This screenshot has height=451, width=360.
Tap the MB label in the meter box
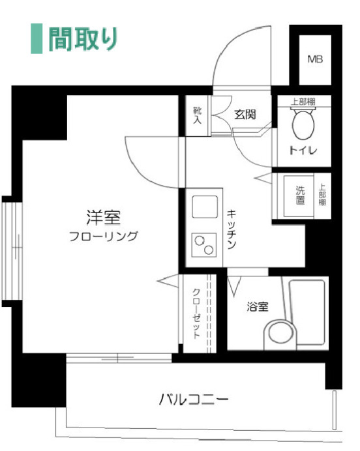pos(315,60)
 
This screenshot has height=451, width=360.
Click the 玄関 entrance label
pos(245,115)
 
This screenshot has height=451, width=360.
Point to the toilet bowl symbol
pos(303,124)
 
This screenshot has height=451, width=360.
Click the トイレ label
pos(303,151)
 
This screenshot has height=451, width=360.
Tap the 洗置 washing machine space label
pos(301,196)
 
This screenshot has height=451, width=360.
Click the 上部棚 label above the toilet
pos(303,101)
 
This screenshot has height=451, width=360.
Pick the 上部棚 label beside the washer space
pos(322,196)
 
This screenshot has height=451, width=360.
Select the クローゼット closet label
pos(196,313)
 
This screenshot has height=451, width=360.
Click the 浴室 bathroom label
pos(257,307)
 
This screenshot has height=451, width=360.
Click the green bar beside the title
pos(37,39)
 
